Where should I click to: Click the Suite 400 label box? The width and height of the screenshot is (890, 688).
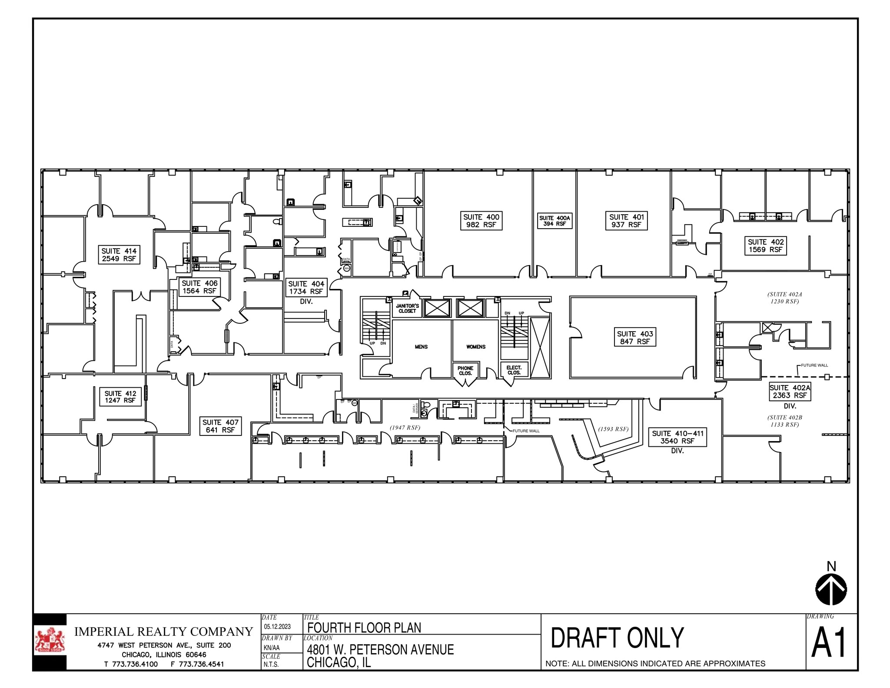click(481, 221)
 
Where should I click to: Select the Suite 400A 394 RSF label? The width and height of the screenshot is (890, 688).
click(555, 221)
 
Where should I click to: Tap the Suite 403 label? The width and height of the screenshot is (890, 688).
click(635, 338)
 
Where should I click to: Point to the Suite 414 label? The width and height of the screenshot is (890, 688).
click(119, 255)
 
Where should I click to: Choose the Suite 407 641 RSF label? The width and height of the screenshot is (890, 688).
click(220, 426)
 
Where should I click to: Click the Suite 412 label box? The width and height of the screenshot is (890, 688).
click(120, 397)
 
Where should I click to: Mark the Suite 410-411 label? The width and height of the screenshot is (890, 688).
click(677, 437)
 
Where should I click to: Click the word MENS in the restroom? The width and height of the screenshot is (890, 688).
click(421, 347)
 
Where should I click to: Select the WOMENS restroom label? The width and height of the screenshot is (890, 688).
click(476, 347)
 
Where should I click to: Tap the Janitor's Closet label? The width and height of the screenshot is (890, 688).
click(407, 309)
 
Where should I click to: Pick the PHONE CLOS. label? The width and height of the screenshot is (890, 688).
click(465, 371)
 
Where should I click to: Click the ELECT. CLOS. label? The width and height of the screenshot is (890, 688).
click(514, 370)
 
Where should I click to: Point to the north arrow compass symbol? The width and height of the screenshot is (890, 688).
click(831, 589)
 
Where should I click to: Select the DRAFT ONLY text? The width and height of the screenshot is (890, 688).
click(617, 638)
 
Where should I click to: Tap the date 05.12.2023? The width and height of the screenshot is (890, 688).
click(277, 627)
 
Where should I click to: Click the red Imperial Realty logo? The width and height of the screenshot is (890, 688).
click(50, 641)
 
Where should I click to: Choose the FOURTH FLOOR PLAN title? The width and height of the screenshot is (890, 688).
click(364, 628)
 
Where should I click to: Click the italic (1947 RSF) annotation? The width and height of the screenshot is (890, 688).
click(405, 428)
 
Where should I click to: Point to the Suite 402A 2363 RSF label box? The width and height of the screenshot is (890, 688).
click(790, 392)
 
